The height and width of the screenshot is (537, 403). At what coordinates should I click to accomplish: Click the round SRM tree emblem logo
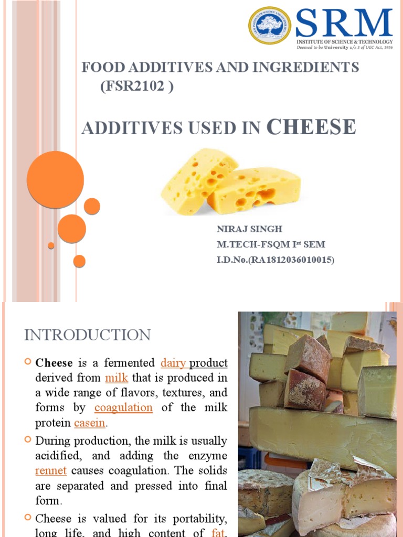(270, 25)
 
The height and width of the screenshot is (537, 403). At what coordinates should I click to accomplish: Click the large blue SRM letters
(344, 23)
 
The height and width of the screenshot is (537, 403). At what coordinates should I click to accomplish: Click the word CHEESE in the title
(311, 127)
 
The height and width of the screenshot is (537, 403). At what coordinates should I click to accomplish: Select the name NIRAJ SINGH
(242, 229)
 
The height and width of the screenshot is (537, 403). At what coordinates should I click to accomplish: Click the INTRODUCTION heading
(88, 335)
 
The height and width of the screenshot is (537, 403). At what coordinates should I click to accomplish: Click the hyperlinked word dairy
(173, 362)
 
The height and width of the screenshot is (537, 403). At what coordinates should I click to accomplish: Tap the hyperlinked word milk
(116, 378)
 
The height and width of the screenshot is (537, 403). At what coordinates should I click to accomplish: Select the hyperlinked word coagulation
(123, 407)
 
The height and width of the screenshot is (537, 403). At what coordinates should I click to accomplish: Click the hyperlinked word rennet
(50, 470)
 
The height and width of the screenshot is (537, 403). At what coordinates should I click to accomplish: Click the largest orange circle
(55, 179)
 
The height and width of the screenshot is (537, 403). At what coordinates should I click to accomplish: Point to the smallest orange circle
(51, 245)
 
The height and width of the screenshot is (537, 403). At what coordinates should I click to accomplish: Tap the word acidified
(58, 455)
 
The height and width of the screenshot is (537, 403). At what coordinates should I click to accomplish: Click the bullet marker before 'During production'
(28, 439)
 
